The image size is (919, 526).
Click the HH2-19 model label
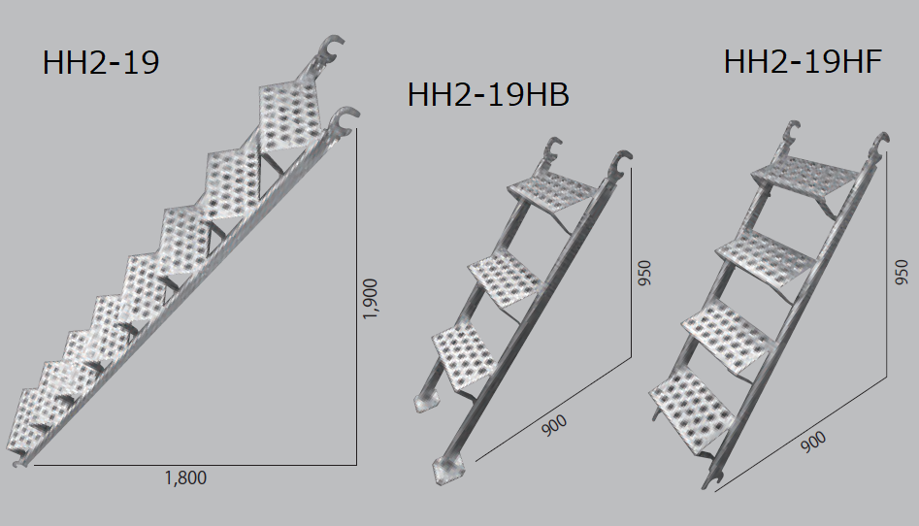(101, 63)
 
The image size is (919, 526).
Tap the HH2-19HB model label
(488, 95)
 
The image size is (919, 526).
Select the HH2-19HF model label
(803, 61)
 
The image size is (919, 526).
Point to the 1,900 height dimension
(371, 299)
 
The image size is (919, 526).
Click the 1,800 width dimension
(185, 477)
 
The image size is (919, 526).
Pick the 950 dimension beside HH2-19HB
(644, 274)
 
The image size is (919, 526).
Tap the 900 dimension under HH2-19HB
(554, 425)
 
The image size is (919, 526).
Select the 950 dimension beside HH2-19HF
(902, 273)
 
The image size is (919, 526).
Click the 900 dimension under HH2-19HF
(813, 441)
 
